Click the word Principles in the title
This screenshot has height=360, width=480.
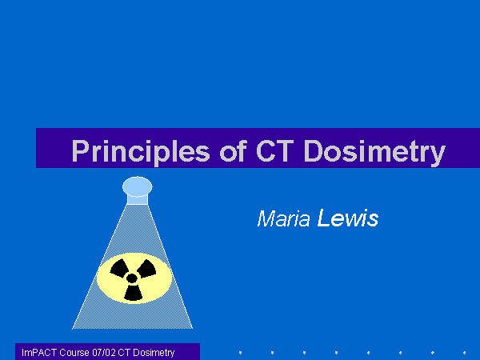click(x=141, y=151)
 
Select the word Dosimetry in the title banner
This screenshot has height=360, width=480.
click(x=374, y=152)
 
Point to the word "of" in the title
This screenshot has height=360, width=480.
click(x=234, y=150)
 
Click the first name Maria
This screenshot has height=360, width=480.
click(x=283, y=218)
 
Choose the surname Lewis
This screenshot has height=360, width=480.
click(x=348, y=218)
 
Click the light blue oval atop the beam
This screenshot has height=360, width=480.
click(x=138, y=186)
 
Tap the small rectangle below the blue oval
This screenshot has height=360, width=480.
click(x=138, y=200)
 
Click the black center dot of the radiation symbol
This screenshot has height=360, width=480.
click(x=132, y=278)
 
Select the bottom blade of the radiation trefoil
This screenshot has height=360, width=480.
click(x=134, y=293)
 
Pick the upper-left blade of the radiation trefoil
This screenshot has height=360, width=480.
click(x=119, y=268)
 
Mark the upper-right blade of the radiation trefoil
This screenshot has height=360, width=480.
click(x=146, y=269)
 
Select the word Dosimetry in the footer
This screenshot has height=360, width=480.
click(x=154, y=353)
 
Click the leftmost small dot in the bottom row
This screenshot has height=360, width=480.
click(x=240, y=353)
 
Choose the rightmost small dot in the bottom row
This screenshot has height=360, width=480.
click(x=464, y=353)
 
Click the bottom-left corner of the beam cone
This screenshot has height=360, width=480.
click(x=72, y=329)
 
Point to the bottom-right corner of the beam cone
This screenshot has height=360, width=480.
click(x=193, y=329)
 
